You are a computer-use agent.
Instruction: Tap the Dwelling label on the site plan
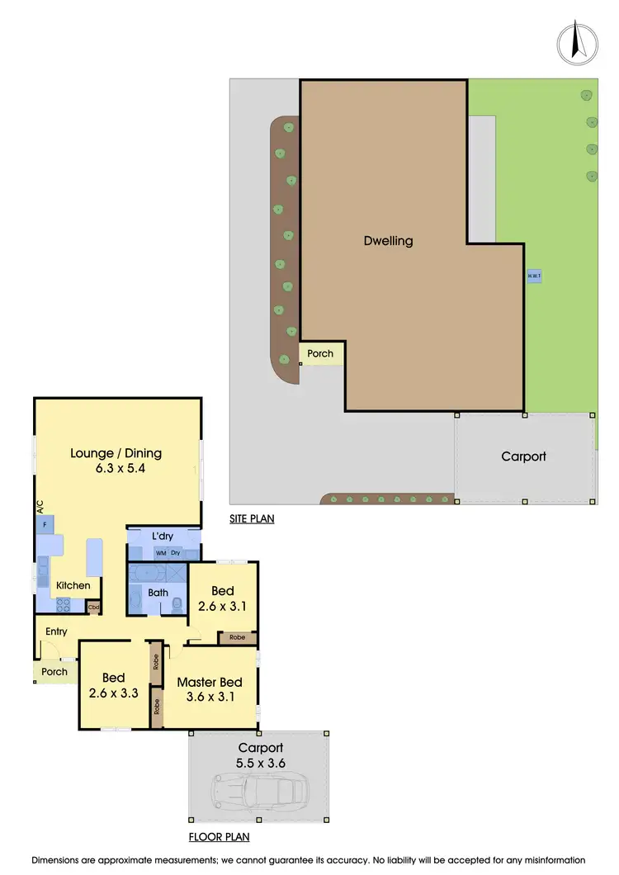[x=388, y=241]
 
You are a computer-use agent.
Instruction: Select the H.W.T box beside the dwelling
[x=534, y=276]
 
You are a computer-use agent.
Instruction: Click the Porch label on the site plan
[x=320, y=353]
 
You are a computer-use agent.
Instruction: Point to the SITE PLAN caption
[x=252, y=519]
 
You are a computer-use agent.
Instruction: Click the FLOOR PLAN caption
[x=219, y=836]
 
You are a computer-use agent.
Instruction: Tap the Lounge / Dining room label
[x=116, y=452]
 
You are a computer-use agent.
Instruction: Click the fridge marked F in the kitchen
[x=45, y=525]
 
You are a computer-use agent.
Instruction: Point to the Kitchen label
[x=73, y=585]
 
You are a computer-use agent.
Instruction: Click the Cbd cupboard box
[x=93, y=606]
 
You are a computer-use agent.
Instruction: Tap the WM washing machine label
[x=161, y=552]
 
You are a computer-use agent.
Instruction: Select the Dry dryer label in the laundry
[x=176, y=552]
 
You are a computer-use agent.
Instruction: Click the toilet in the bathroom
[x=177, y=605]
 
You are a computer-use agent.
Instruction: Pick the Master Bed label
[x=210, y=682]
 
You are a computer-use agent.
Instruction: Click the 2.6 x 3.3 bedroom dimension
[x=114, y=693]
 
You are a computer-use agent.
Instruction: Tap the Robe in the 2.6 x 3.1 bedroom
[x=237, y=638]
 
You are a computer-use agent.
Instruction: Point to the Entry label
[x=57, y=631]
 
